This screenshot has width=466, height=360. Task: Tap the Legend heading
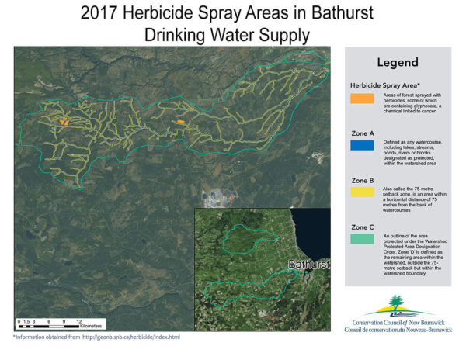[398, 62]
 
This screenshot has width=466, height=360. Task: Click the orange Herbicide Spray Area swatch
[362, 98]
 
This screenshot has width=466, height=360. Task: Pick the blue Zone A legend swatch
[362, 144]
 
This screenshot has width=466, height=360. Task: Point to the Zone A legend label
[362, 133]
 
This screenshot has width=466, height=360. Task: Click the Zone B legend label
[362, 178]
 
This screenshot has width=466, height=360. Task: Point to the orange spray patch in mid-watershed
[180, 122]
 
